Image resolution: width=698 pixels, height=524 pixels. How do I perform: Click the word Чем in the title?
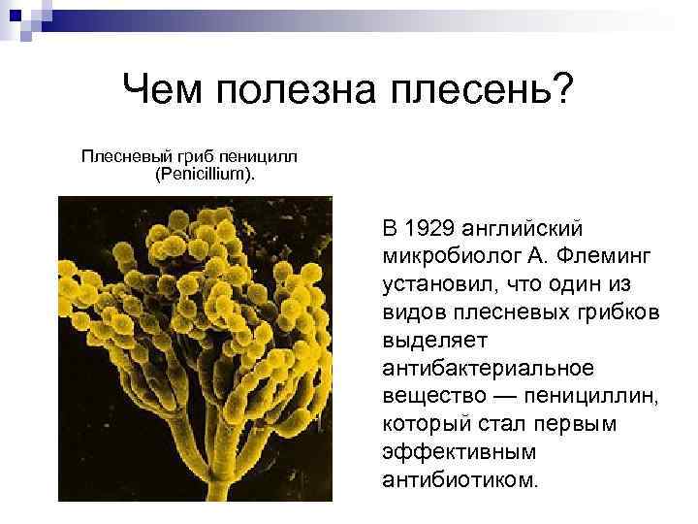click(165, 93)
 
